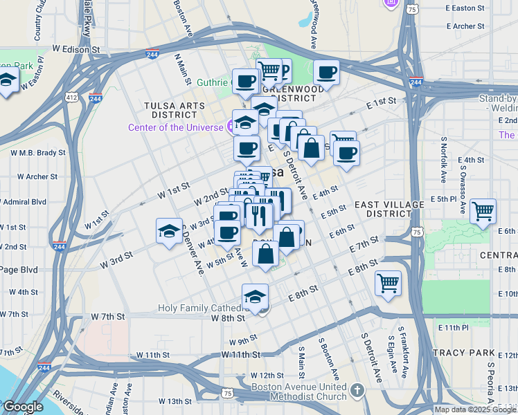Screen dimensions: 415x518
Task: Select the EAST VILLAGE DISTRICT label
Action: click(x=388, y=210)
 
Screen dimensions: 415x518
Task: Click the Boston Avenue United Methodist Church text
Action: click(x=298, y=391)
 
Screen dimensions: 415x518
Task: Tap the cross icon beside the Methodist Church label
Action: click(x=357, y=391)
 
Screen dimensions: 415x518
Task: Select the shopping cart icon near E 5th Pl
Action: click(x=483, y=210)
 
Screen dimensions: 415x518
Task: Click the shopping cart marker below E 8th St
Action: click(x=388, y=282)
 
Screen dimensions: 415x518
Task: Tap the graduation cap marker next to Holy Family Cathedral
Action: click(x=255, y=296)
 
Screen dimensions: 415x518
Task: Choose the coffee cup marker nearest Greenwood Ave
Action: click(x=326, y=72)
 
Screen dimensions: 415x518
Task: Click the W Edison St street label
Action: click(x=76, y=50)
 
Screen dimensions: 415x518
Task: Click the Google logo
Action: click(x=22, y=407)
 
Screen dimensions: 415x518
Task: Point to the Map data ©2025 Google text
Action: click(x=476, y=409)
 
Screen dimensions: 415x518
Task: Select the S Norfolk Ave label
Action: click(x=444, y=160)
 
